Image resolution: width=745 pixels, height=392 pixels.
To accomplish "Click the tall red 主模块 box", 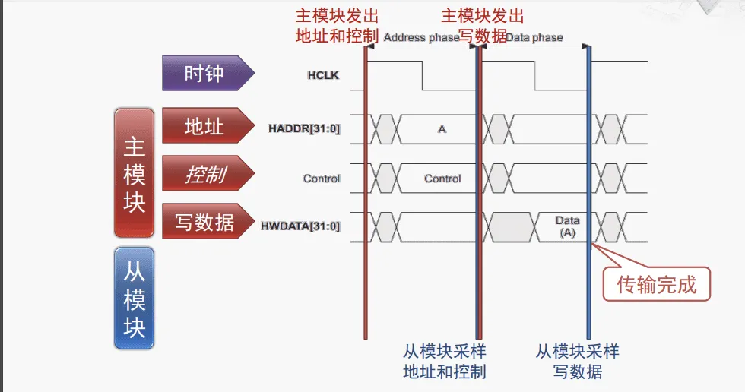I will [134, 172].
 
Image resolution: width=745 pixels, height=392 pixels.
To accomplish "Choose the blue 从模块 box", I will [134, 297].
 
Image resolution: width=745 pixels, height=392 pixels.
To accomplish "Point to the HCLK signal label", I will [322, 75].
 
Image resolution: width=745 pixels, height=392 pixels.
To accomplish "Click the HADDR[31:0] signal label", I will [304, 129].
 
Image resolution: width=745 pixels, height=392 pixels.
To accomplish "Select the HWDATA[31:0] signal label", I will [300, 226].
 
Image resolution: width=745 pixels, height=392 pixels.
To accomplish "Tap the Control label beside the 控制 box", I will [322, 179].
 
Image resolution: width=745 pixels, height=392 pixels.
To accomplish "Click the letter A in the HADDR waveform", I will [442, 129].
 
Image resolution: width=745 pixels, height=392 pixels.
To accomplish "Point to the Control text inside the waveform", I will [442, 179].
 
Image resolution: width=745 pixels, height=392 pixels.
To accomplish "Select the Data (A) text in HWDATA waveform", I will [567, 227].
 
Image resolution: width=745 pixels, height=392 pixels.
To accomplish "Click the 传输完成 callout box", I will [656, 285].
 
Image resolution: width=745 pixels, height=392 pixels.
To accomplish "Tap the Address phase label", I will [421, 37].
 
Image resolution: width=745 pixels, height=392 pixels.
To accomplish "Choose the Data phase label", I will [534, 37].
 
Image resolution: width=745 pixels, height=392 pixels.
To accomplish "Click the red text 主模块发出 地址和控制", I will [336, 26].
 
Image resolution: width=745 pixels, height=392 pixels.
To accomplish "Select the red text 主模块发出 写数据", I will [483, 26].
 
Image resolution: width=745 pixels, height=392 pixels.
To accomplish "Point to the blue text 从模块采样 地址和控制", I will [445, 362].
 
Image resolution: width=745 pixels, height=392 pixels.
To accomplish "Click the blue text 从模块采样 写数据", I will [578, 362].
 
